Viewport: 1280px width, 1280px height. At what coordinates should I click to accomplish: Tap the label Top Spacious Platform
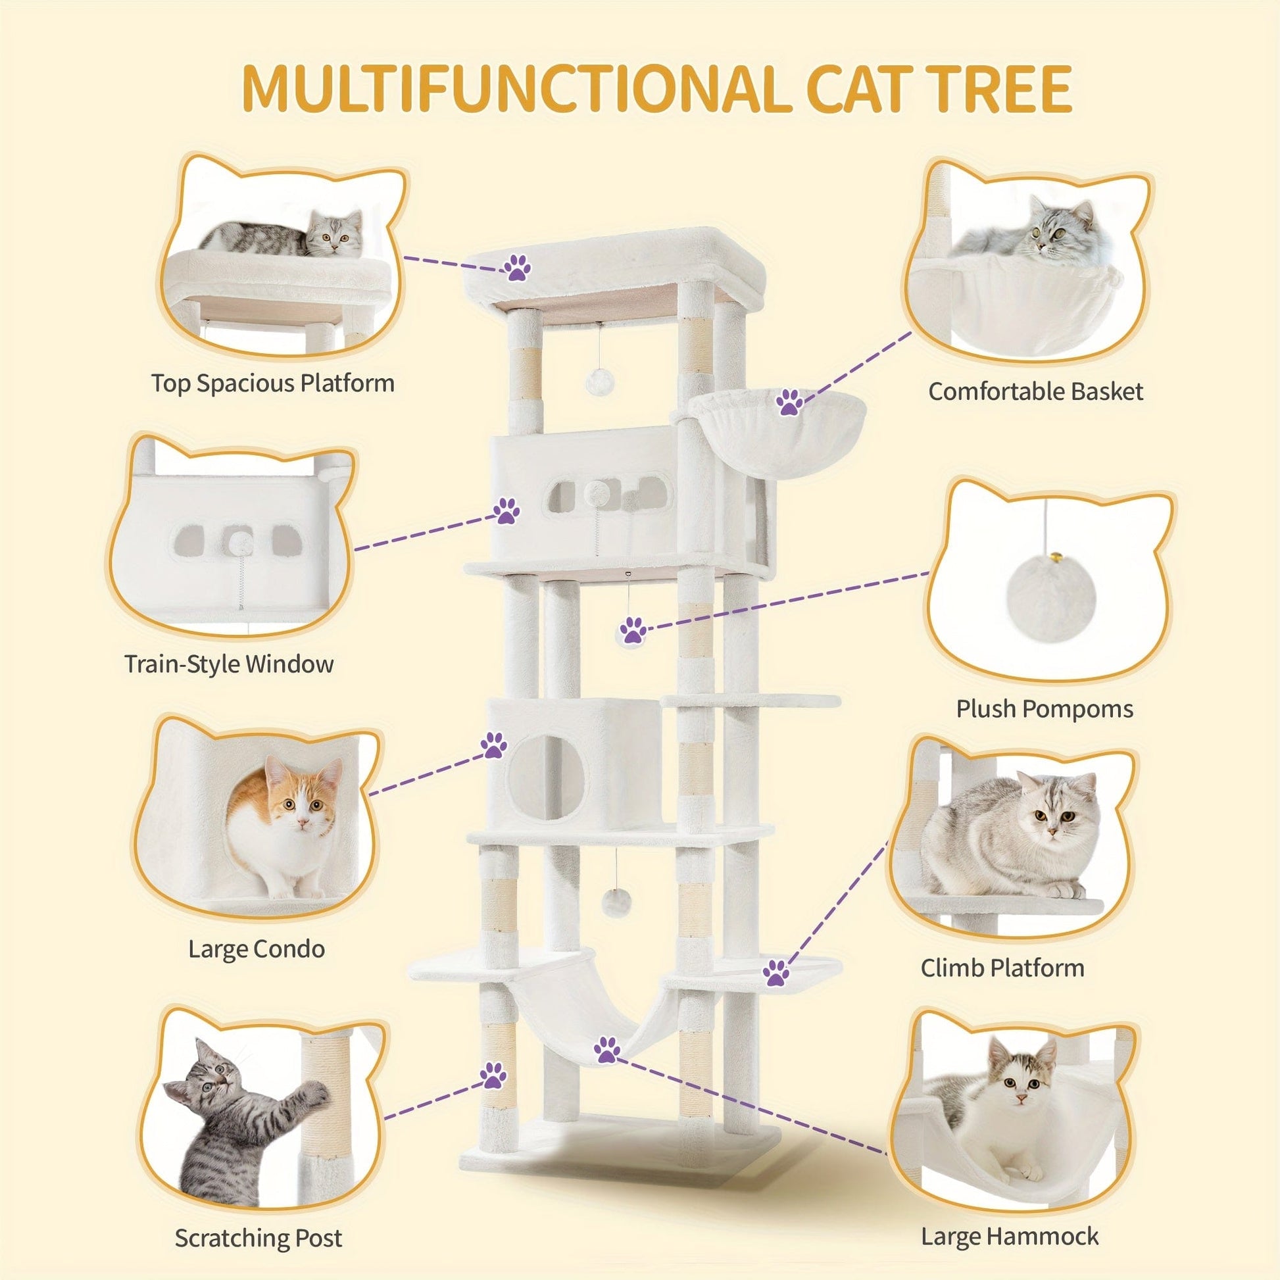(x=272, y=383)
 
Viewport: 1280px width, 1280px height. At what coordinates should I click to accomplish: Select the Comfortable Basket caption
(x=1035, y=391)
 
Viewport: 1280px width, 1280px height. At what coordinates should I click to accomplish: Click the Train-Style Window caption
(x=230, y=664)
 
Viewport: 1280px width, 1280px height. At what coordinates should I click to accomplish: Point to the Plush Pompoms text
(x=1044, y=710)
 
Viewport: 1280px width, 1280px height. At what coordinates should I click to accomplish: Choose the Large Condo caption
(x=257, y=949)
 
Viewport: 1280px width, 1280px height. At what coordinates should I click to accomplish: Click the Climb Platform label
(x=1002, y=968)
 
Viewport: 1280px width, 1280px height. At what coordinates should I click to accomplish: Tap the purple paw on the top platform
(x=517, y=268)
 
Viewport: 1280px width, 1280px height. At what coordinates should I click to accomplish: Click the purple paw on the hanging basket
(x=789, y=402)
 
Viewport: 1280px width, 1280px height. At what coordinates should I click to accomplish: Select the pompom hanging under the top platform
(x=599, y=382)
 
